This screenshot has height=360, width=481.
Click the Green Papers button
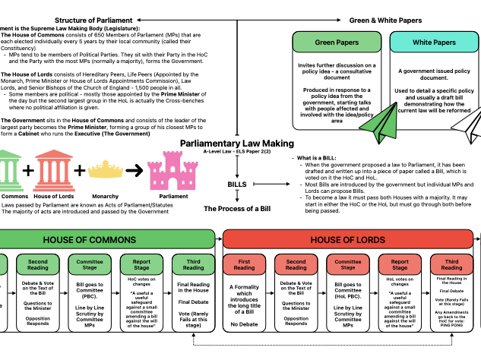[337, 42]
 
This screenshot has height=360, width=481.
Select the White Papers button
[434, 42]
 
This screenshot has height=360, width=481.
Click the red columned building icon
[54, 171]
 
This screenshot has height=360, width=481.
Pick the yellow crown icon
[106, 170]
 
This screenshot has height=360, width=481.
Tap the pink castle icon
[172, 172]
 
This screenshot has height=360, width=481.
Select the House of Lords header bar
[347, 239]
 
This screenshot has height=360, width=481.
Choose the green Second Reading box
[38, 264]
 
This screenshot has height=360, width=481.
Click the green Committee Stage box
[90, 264]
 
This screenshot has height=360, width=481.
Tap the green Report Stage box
[141, 264]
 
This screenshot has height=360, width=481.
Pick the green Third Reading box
[193, 264]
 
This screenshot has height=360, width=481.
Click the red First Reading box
[244, 264]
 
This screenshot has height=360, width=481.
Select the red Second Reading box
[296, 264]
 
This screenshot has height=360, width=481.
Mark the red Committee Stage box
[347, 264]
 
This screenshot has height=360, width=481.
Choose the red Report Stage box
[400, 264]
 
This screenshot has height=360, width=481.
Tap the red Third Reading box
[451, 264]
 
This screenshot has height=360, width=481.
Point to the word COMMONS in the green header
[112, 240]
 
